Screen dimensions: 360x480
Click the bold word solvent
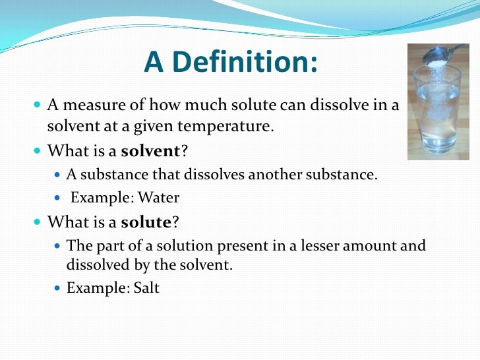point(150,151)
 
